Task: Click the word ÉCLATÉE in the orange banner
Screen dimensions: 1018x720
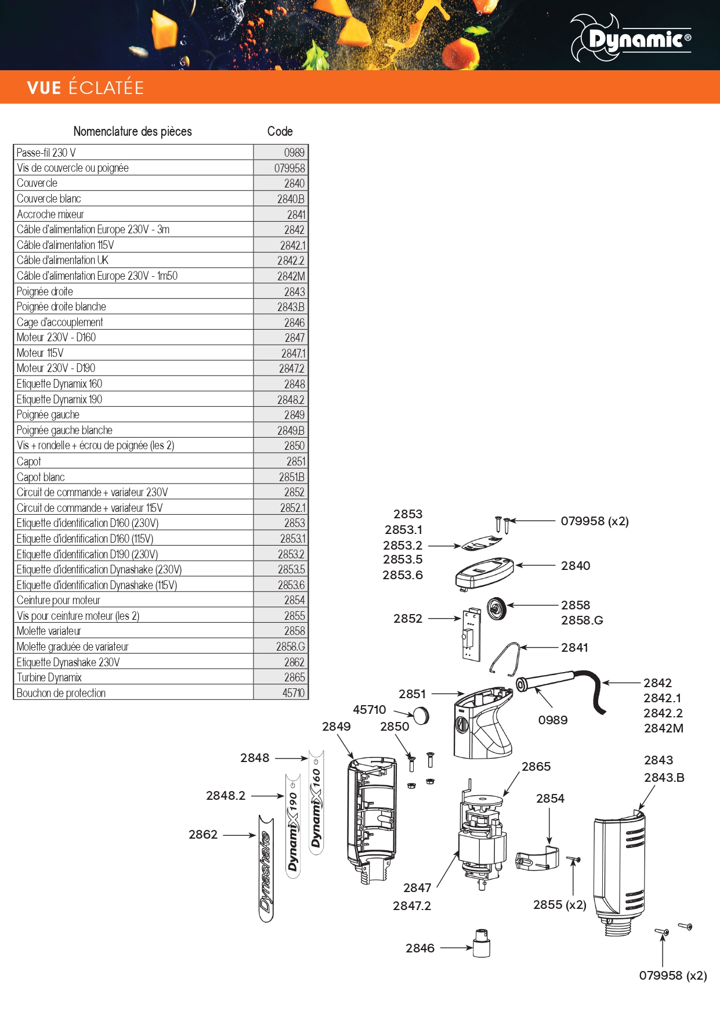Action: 106,88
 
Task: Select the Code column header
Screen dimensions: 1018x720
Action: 280,132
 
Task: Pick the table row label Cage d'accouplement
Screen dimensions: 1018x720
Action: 60,322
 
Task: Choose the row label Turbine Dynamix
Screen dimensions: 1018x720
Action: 49,677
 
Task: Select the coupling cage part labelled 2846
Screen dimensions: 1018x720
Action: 482,944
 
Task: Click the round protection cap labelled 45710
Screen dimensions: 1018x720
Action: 421,716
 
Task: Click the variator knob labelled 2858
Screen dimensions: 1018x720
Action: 497,608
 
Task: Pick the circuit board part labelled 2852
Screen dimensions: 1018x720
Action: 472,634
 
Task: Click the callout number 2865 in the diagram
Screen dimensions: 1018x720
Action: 536,767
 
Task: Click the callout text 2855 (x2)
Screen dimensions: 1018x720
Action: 560,905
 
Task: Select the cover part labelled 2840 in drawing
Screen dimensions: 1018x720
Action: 484,572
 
